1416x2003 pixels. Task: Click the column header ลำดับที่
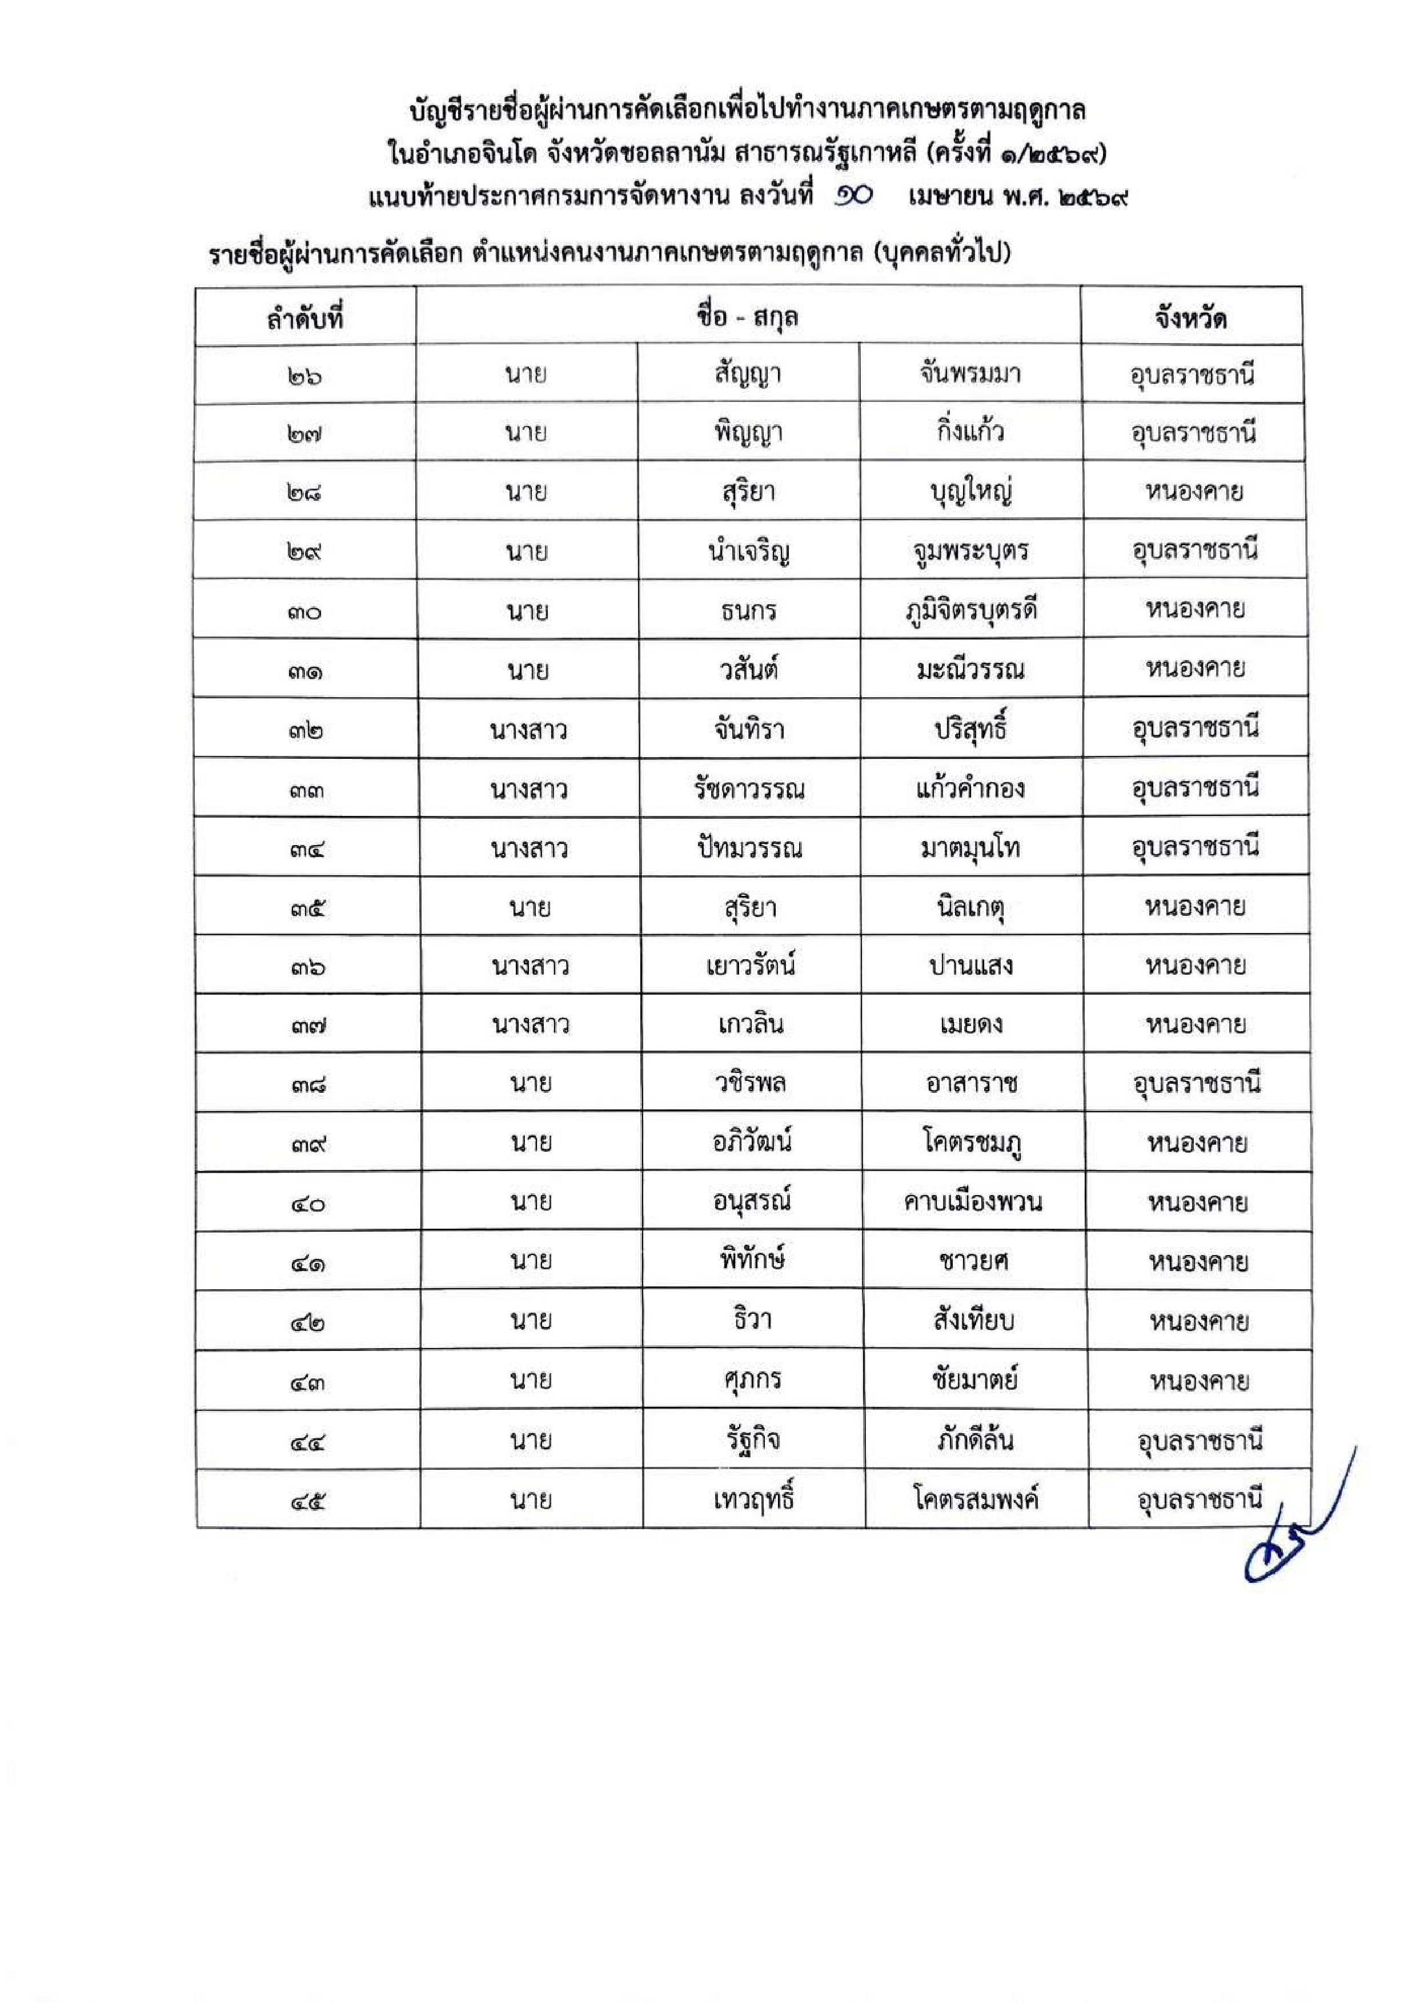pos(306,317)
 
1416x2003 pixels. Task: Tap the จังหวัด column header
pos(1191,317)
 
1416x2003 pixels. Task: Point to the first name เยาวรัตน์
pos(751,966)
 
